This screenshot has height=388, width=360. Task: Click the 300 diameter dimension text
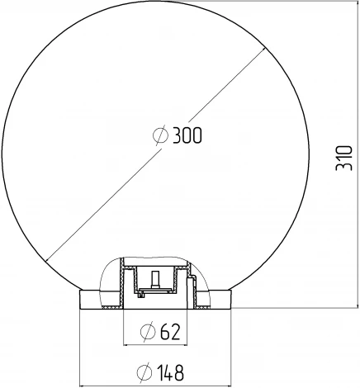pos(188,136)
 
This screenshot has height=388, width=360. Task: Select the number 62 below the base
pos(169,332)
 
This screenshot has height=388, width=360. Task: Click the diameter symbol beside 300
pos(163,136)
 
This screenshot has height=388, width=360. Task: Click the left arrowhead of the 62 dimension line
pos(126,343)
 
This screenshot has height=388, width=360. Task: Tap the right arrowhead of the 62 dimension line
pos(182,343)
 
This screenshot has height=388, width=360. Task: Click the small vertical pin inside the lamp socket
pos(154,277)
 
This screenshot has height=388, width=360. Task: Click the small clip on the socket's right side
pos(191,288)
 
